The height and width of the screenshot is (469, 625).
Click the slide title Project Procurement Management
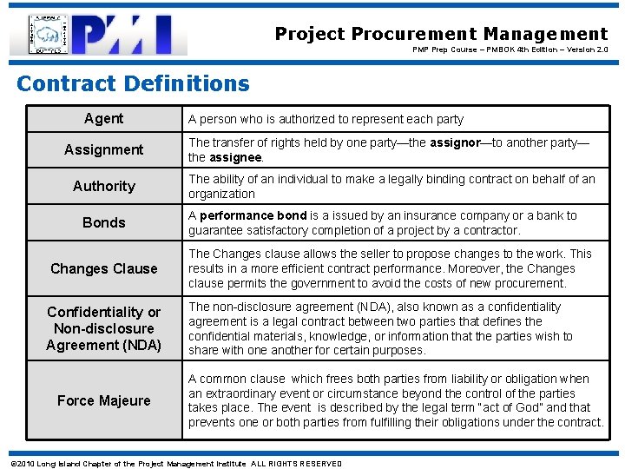pos(441,34)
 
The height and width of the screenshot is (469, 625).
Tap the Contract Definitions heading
pos(133,83)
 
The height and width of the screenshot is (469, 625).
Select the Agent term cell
pos(103,118)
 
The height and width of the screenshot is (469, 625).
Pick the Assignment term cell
pos(103,149)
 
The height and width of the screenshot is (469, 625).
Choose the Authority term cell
pos(103,186)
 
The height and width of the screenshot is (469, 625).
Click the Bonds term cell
pos(103,222)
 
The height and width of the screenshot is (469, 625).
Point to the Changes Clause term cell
pos(103,268)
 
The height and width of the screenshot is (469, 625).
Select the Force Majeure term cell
pos(103,400)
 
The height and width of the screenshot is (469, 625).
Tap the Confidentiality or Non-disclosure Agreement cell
pos(103,328)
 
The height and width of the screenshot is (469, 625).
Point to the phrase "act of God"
pos(490,407)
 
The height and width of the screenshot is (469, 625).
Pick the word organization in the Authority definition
pos(221,194)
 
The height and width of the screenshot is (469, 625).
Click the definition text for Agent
pos(326,119)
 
